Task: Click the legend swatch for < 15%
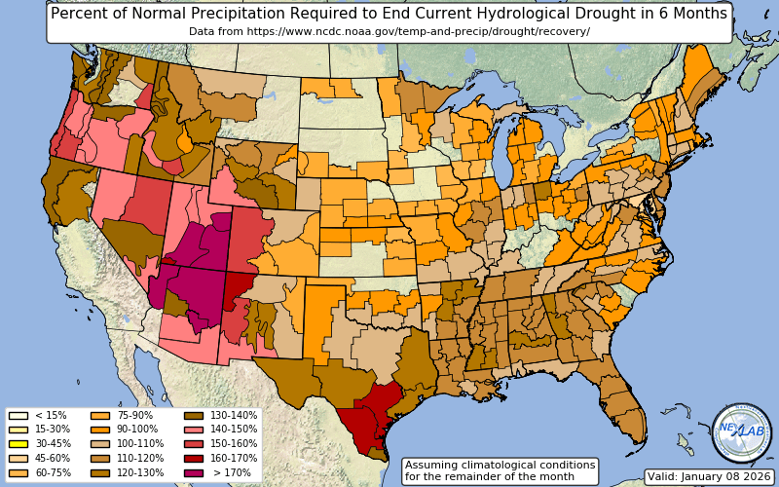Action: pyautogui.click(x=18, y=415)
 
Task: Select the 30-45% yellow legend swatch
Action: pyautogui.click(x=18, y=443)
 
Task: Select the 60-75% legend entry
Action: pyautogui.click(x=18, y=471)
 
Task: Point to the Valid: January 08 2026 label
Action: pyautogui.click(x=708, y=476)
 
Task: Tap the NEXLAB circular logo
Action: pyautogui.click(x=741, y=432)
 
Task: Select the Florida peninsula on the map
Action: pyautogui.click(x=623, y=409)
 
